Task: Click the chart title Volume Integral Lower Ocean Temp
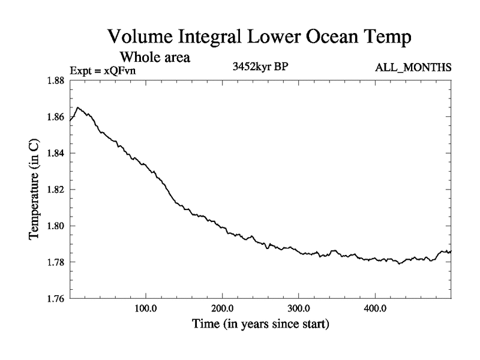pos(259,37)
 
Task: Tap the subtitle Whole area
pos(155,58)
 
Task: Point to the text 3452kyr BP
pos(260,67)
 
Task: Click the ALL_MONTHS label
pos(413,67)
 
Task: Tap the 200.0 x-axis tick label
pos(223,310)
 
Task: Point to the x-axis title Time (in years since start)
pos(260,325)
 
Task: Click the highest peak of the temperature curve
pos(78,107)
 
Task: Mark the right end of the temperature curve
pos(451,251)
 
